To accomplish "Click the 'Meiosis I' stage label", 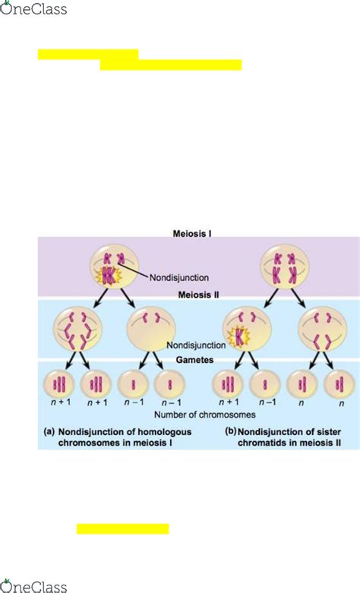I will click(x=191, y=235).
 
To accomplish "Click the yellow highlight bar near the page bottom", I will click(x=122, y=528).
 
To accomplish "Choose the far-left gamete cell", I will click(x=57, y=383).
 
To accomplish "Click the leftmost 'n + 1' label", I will click(x=57, y=404).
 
